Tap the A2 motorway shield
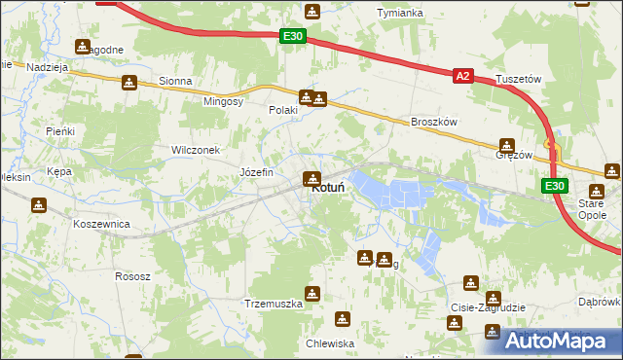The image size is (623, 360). (463, 76)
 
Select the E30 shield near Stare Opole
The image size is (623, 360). (553, 186)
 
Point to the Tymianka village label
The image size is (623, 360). (399, 13)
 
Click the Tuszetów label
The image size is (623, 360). (518, 78)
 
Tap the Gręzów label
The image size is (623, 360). (514, 155)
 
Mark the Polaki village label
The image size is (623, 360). (282, 111)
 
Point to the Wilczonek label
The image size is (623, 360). (196, 150)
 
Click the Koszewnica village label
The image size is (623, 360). (101, 223)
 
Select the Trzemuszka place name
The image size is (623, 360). (274, 304)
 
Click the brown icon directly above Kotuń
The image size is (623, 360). (311, 178)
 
